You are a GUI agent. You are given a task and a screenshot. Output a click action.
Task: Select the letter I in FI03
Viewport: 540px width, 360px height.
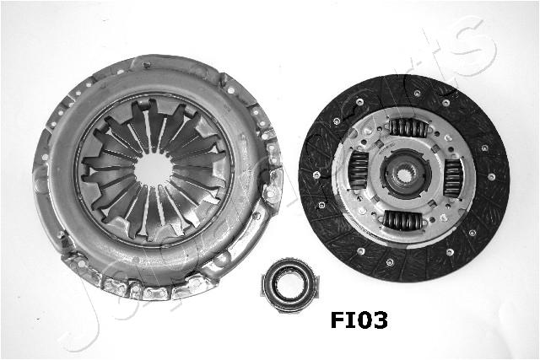[352, 320]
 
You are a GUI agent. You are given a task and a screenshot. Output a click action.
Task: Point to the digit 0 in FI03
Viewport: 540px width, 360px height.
[364, 320]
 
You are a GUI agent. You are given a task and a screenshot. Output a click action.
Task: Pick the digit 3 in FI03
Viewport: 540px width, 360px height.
[381, 320]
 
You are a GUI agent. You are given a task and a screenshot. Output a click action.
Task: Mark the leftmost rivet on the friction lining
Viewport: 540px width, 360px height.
[316, 175]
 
